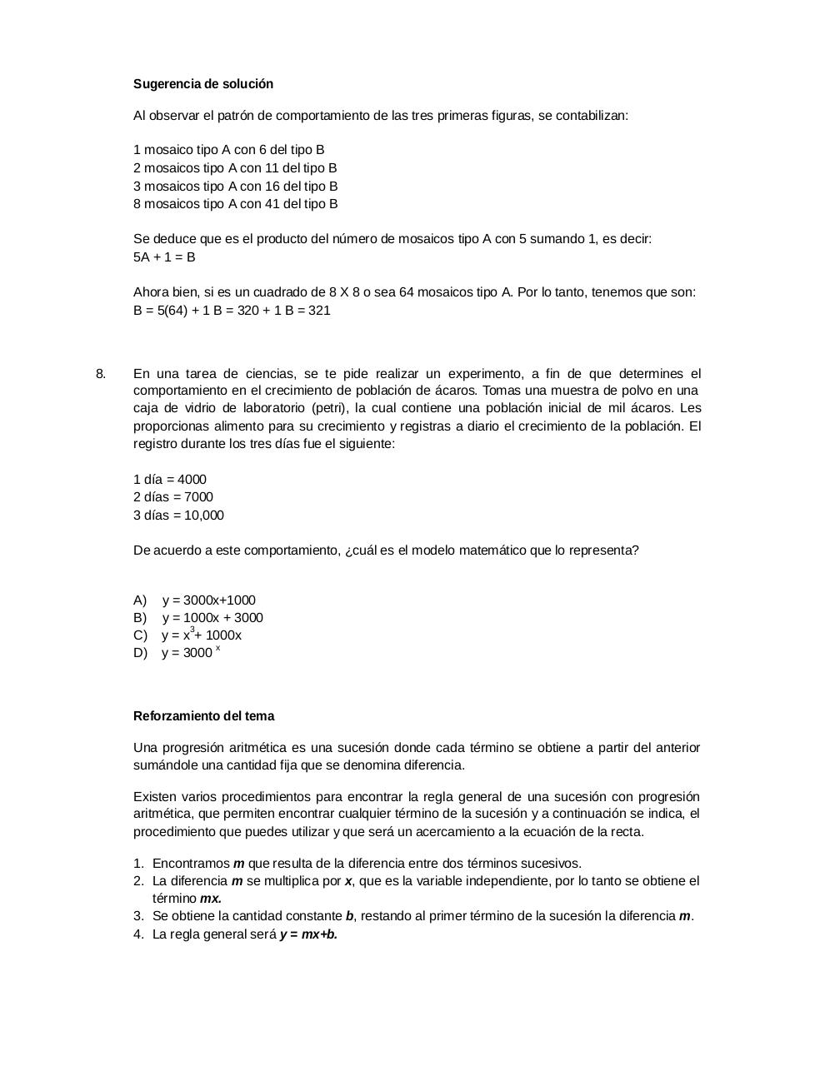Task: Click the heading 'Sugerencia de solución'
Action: coord(203,84)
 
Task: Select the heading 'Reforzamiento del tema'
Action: coord(203,716)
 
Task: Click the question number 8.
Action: coord(101,373)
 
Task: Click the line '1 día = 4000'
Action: coord(170,480)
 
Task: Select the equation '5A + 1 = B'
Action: coord(164,257)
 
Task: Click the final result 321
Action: coord(319,311)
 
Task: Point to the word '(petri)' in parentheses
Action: coord(331,408)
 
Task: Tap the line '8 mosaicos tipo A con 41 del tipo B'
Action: coord(235,204)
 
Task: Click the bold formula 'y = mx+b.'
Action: coord(308,934)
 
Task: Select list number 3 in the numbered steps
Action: coord(138,916)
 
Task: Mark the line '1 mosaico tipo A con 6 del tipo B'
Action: coord(228,150)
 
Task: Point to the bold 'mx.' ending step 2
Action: coord(211,899)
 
